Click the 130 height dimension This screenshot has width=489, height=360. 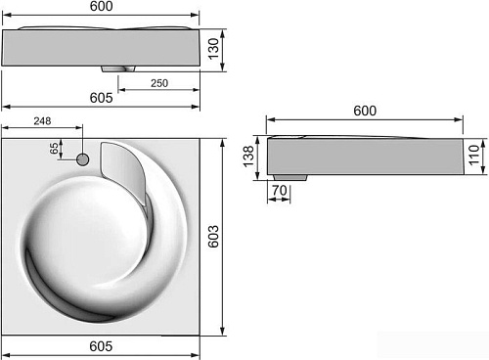click(x=213, y=49)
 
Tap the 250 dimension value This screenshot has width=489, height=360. click(x=159, y=83)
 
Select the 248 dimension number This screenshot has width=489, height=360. click(x=42, y=121)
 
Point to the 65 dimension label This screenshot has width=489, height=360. click(x=55, y=148)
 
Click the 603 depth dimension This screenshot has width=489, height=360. click(x=213, y=237)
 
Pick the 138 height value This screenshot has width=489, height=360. click(x=248, y=157)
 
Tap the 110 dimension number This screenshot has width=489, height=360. click(x=474, y=155)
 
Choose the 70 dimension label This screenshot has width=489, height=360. click(x=280, y=190)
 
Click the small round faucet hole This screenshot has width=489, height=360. click(x=83, y=159)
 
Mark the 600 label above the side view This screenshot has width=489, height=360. click(x=365, y=111)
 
